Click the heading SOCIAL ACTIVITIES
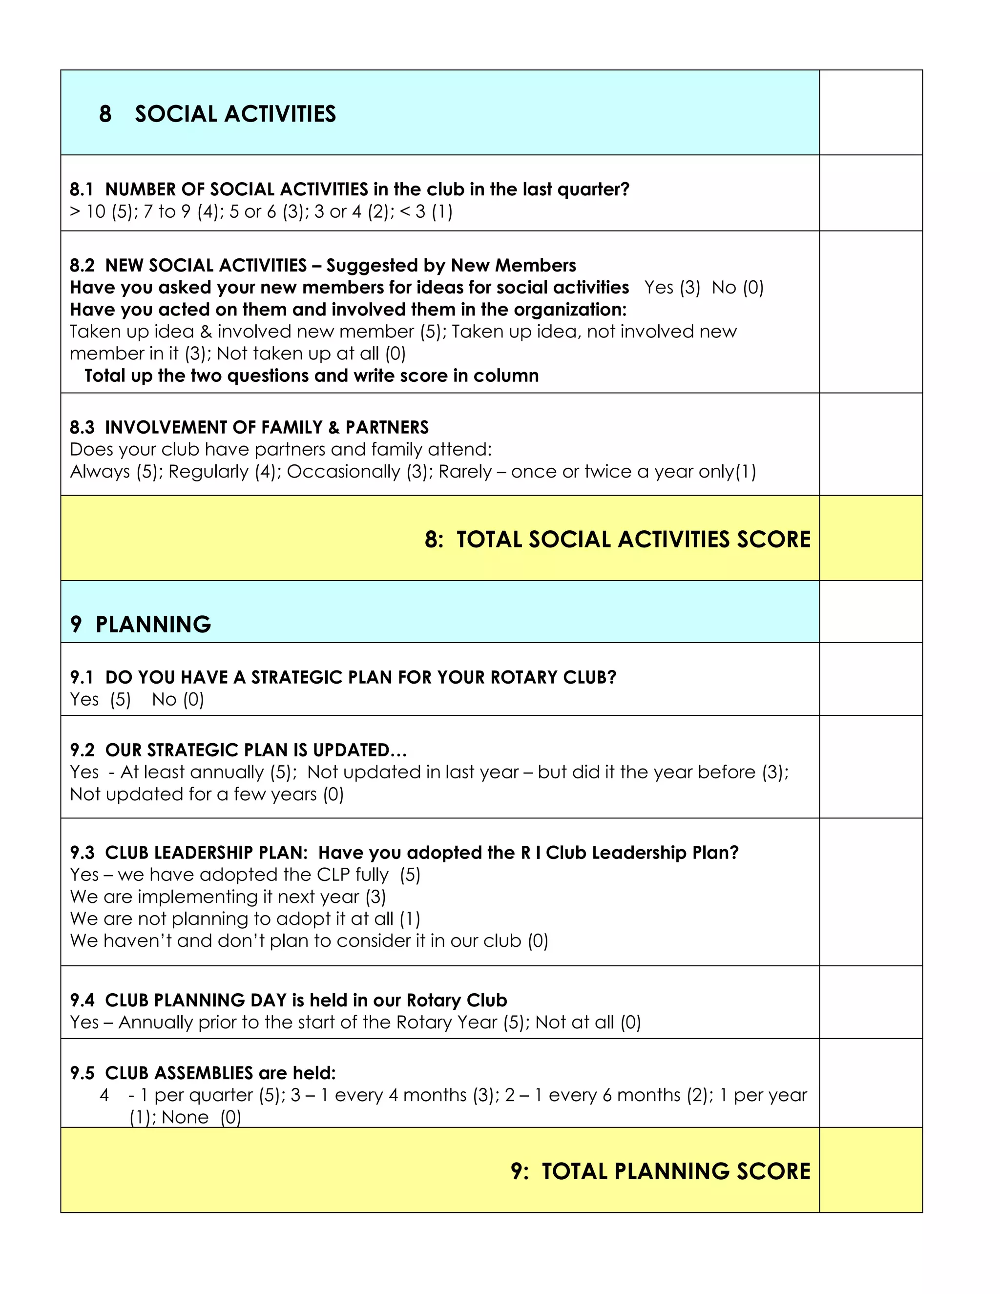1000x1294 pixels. tap(235, 114)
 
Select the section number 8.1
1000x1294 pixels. tap(82, 189)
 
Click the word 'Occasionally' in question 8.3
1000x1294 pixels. tap(344, 472)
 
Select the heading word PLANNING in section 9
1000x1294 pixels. tap(153, 625)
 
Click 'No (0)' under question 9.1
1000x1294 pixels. tap(178, 700)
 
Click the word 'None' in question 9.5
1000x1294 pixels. tap(185, 1117)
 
